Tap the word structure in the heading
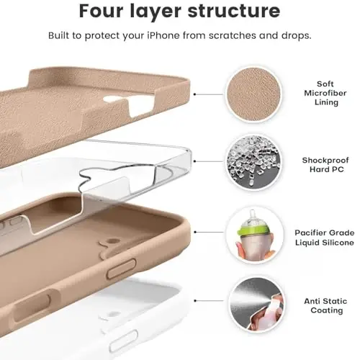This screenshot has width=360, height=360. [x=234, y=12]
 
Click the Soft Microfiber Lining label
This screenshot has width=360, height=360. [x=316, y=94]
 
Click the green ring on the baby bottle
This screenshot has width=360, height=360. [x=248, y=228]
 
